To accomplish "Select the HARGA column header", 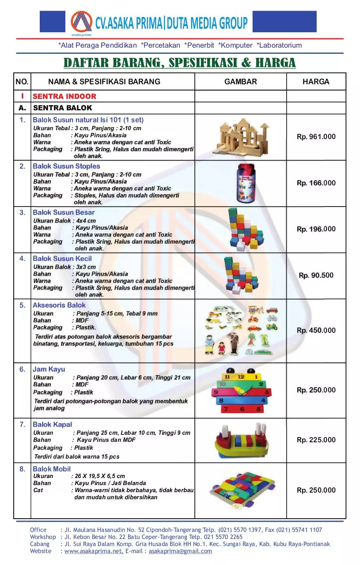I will coord(316,82).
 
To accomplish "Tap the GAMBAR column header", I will coord(240,82).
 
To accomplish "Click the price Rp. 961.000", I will coord(316,137).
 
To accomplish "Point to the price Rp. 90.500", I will coord(316,275).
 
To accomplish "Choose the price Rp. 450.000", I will coord(316,331).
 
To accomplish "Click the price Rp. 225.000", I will coord(316,440).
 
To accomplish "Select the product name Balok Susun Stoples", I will coord(66,166).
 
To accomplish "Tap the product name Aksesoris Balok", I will coord(59,305).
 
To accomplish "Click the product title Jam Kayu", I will coord(49,369).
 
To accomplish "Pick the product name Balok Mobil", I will coord(51,469).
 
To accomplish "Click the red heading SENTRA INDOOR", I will coord(64,96).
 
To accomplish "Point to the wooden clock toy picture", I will coord(241,391).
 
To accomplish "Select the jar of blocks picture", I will coord(241,182).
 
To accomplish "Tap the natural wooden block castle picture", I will coord(241,137).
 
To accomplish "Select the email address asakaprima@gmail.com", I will coord(180,551).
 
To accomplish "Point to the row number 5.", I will coord(22,305).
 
